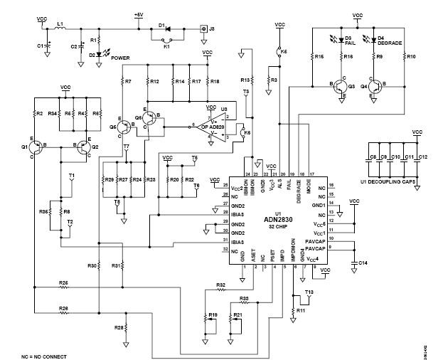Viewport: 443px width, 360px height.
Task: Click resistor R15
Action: coord(313,56)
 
